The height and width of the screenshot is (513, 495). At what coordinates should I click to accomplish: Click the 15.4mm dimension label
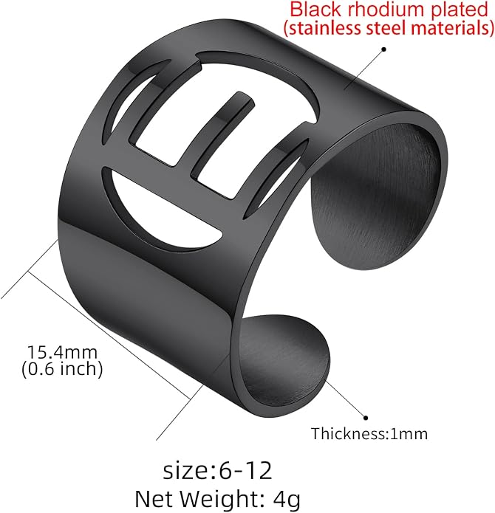click(62, 352)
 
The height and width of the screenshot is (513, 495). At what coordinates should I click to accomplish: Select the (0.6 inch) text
click(62, 369)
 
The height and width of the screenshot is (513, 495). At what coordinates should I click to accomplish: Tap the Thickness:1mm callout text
click(369, 434)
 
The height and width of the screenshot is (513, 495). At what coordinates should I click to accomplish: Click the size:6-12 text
click(218, 470)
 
